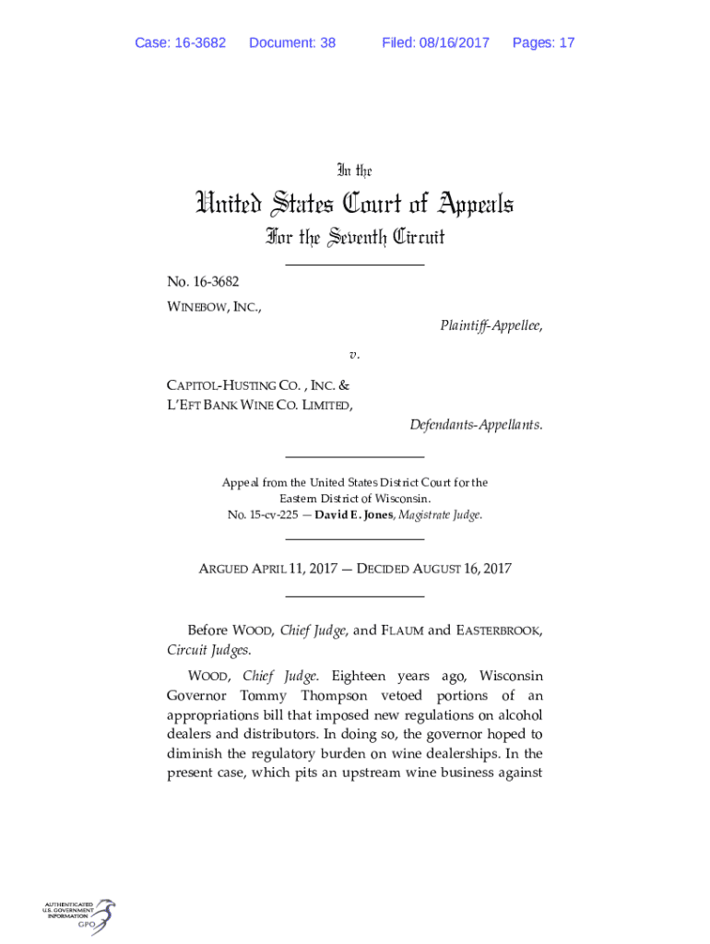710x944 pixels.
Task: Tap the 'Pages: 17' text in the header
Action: pos(543,43)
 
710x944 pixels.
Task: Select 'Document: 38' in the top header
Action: pos(292,43)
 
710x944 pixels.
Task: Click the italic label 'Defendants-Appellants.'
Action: pos(476,425)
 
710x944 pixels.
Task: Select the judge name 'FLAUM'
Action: pos(403,631)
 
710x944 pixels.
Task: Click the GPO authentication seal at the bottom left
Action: pos(78,916)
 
